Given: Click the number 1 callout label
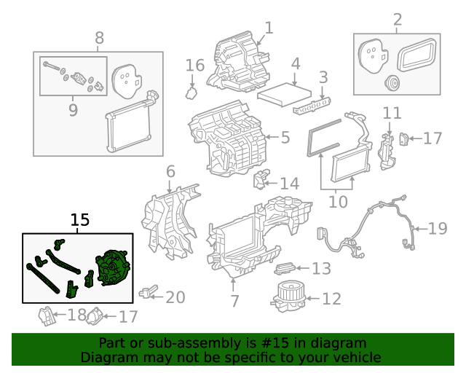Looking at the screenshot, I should (x=269, y=28).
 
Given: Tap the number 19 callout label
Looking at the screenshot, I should (x=437, y=229).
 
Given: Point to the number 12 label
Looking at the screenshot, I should (x=331, y=299).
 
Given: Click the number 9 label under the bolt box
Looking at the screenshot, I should (x=73, y=110).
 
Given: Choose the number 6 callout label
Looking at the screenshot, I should (x=170, y=173).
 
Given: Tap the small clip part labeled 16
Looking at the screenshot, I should (x=192, y=93).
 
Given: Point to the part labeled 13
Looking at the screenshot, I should (x=287, y=270).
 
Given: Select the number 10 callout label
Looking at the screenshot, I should (x=338, y=200).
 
